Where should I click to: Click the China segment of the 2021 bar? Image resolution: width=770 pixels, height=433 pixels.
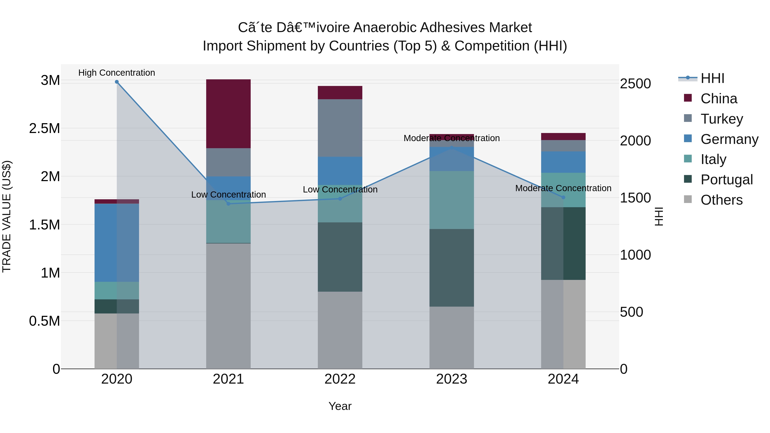[x=228, y=114]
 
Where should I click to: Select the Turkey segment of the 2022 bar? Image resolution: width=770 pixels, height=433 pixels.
[x=340, y=128]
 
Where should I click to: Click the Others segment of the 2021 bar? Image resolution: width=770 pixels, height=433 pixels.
[x=228, y=306]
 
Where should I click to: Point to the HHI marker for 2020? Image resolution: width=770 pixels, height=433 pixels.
[x=117, y=82]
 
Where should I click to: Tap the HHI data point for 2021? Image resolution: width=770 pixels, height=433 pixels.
[x=228, y=204]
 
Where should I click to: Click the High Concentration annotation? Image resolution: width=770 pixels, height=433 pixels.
[x=117, y=73]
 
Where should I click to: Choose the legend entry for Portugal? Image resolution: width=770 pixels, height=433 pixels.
[x=726, y=180]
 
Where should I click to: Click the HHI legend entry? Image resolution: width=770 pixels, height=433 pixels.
[x=712, y=78]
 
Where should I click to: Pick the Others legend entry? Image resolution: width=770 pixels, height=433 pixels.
[x=721, y=200]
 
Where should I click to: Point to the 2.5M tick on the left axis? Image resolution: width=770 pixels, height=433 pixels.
[x=44, y=128]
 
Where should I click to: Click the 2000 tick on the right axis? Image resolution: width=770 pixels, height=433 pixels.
[x=635, y=141]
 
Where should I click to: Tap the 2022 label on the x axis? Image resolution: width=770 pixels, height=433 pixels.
[x=340, y=379]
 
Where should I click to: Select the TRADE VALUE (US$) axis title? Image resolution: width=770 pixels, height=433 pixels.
[x=7, y=216]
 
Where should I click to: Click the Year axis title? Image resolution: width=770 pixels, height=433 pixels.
[x=340, y=406]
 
